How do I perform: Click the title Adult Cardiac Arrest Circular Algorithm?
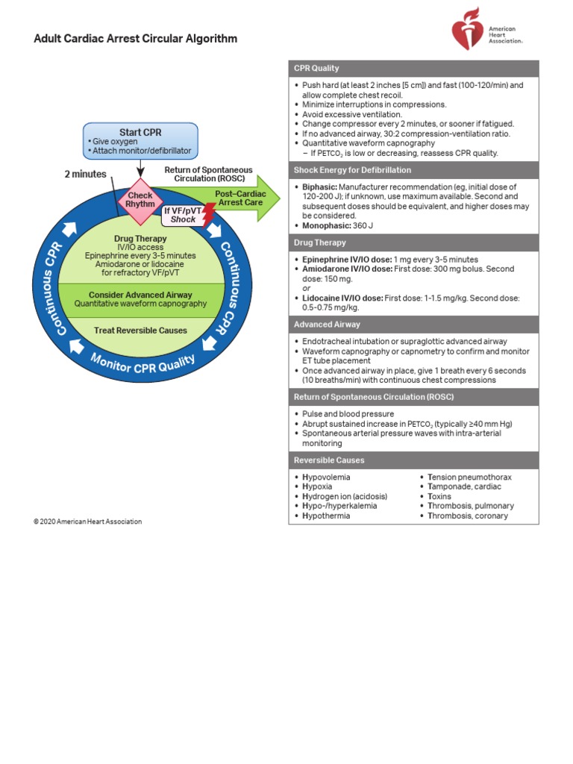coord(136,39)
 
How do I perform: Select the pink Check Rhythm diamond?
coord(140,200)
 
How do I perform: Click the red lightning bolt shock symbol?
coord(209,215)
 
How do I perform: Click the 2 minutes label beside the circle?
coord(86,175)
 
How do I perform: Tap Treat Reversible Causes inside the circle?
coord(140,330)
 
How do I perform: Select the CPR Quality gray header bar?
coord(413,68)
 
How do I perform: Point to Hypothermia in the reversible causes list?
coord(326,516)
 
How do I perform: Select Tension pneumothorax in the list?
coord(469,477)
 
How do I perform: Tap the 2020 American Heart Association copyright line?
coord(87,522)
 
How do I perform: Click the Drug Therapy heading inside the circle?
coord(140,239)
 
